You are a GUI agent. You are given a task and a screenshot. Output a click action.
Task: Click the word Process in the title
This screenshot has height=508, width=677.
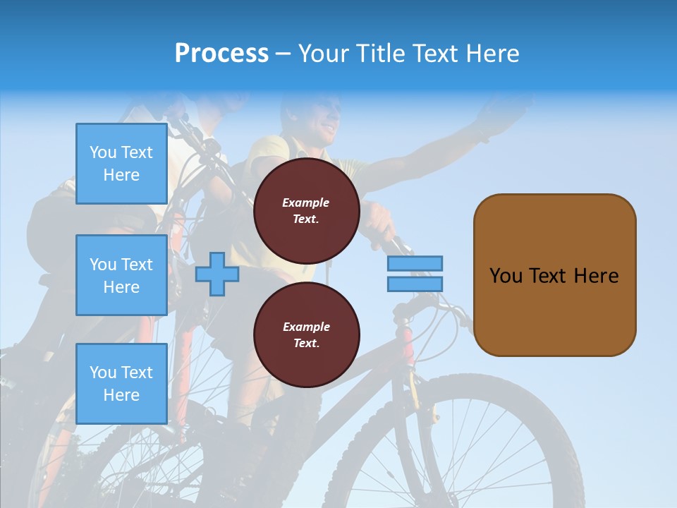221,53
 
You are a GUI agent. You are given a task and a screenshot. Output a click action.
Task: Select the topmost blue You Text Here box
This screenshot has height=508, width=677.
121,164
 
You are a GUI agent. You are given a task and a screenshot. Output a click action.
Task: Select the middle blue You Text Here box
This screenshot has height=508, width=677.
121,275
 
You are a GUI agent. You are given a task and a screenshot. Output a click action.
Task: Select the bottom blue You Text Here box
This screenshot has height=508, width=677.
121,383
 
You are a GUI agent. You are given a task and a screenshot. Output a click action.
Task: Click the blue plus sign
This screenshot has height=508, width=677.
217,274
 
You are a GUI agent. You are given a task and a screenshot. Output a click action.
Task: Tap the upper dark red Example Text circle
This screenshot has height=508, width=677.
306,211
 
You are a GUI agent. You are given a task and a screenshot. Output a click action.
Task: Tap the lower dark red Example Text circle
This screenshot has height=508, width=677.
306,335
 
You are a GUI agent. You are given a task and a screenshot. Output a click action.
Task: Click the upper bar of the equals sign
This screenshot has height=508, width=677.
415,263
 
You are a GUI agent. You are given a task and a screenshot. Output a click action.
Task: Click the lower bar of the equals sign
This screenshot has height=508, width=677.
415,284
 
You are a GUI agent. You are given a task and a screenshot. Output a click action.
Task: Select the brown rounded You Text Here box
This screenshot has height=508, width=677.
554,275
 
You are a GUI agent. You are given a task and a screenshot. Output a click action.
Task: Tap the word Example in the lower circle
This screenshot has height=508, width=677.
306,327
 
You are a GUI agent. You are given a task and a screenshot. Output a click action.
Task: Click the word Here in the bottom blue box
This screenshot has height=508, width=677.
121,395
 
